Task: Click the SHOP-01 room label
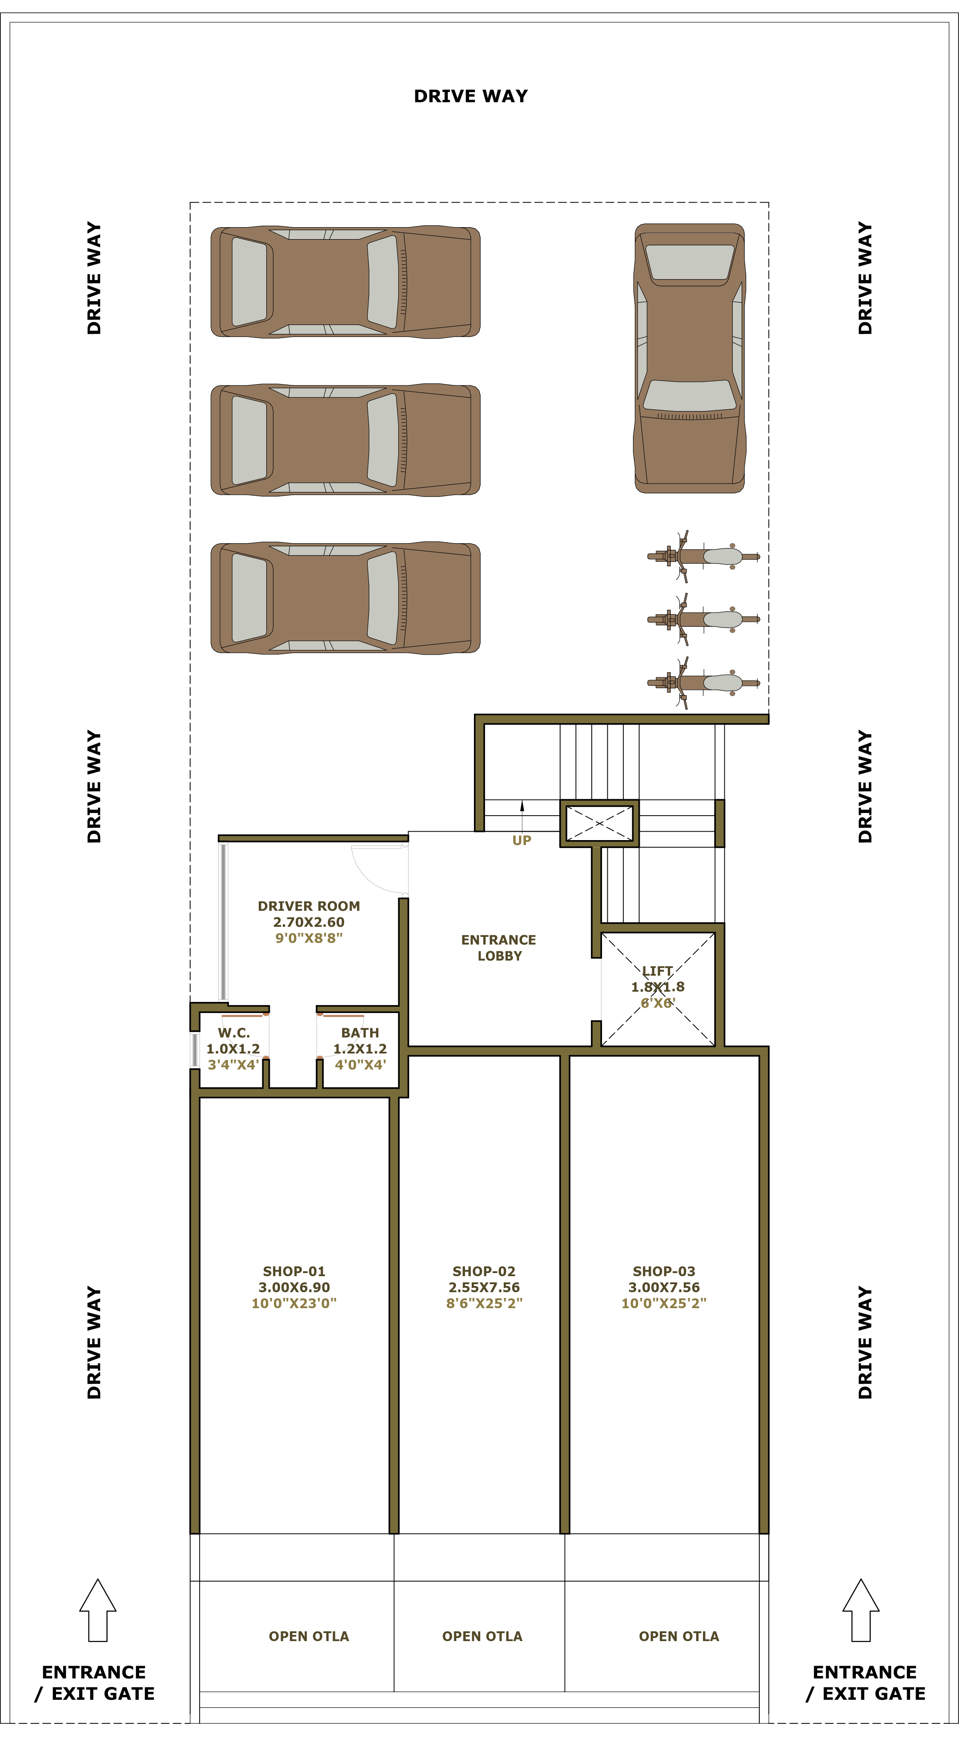pos(294,1272)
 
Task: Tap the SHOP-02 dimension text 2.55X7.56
pos(484,1287)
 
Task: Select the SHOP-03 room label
pos(664,1272)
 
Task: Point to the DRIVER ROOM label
pos(309,906)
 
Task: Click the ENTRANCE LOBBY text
pos(499,948)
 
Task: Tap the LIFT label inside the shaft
pos(658,971)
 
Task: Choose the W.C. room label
pos(234,1033)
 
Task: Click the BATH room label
pos(360,1033)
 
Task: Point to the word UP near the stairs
pos(522,841)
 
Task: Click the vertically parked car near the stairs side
pos(690,358)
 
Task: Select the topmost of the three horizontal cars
pos(345,282)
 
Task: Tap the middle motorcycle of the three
pos(703,619)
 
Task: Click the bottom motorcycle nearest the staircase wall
pos(703,683)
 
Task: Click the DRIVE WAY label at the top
pos(471,96)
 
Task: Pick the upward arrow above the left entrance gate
pos(98,1610)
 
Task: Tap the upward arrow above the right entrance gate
pos(861,1610)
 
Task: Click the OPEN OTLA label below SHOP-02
pos(482,1636)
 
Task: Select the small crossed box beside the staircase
pos(600,824)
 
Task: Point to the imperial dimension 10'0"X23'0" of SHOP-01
pos(294,1303)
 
